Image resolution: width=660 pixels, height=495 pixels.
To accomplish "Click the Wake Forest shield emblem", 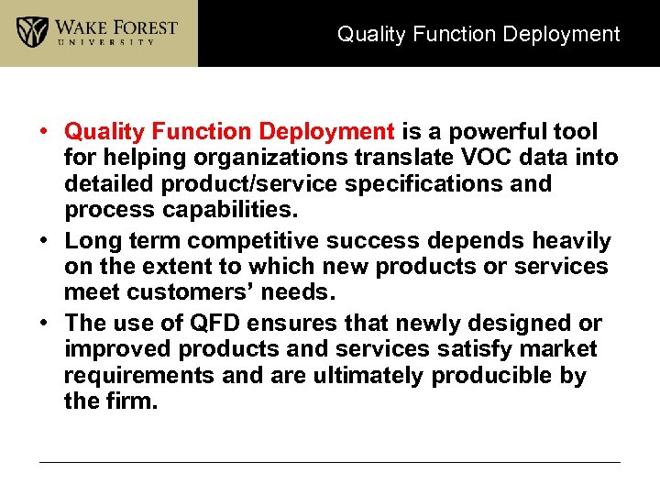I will point(33,32).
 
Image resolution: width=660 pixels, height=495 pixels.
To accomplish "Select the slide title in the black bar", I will point(478,35).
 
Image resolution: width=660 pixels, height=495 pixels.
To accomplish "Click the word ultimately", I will point(368,376).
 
